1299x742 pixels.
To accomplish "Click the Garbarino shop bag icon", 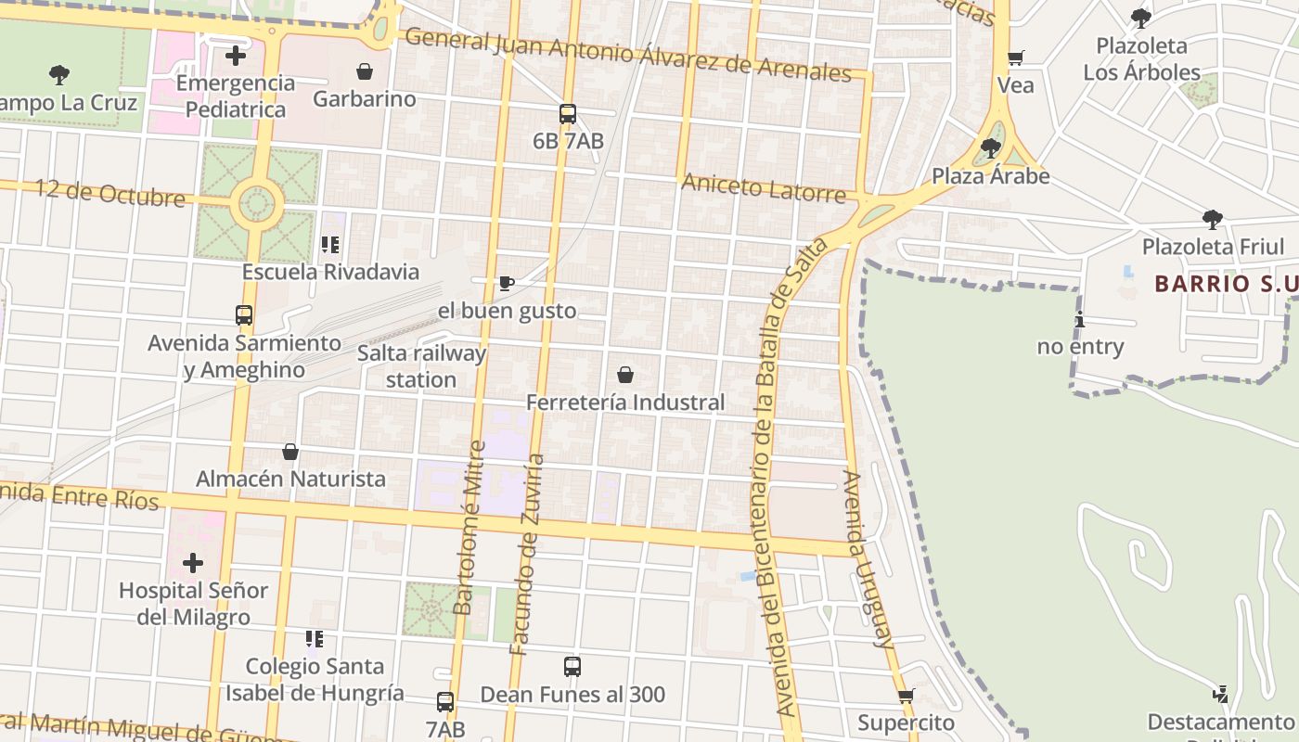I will pos(365,71).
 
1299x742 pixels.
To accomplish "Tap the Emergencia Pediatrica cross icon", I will pos(236,56).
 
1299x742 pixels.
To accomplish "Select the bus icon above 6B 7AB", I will pos(568,114).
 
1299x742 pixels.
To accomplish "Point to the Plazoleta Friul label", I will pos(1213,247).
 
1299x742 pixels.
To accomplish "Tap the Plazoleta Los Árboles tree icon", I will pos(1141,18).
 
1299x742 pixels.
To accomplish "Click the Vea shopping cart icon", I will pos(1016,58).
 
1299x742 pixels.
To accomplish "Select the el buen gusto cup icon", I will pos(506,283).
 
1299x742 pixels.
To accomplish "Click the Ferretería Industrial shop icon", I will pos(625,375).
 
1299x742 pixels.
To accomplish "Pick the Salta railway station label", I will pos(421,366).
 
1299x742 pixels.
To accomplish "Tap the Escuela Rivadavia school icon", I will pos(330,245).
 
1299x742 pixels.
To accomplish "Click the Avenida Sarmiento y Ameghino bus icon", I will pos(244,315).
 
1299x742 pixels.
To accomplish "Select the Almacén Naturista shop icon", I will pos(290,452).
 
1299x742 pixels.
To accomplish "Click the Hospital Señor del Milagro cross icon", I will pos(193,563).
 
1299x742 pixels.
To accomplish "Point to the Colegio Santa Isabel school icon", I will pos(315,639).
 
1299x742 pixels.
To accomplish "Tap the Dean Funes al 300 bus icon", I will pos(572,667).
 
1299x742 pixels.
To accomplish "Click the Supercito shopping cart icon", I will pos(906,696).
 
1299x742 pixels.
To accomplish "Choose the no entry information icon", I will pos(1079,320).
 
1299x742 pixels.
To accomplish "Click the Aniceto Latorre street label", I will pos(763,187).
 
